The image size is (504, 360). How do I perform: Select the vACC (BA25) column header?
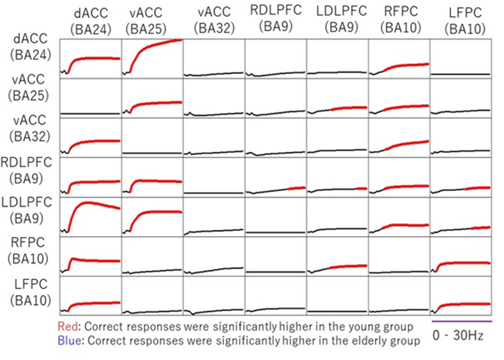(x=151, y=20)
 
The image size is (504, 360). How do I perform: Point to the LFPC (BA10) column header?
(x=461, y=20)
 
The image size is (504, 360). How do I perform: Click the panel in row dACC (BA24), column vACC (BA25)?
(x=152, y=58)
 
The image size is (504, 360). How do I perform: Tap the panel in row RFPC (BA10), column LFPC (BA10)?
(x=461, y=256)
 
